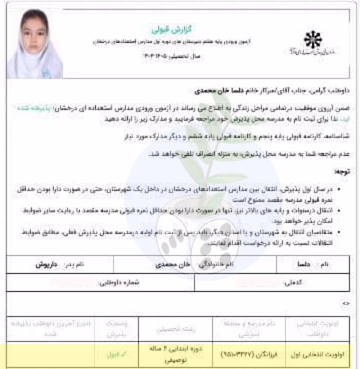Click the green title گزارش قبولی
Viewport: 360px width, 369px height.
[x=161, y=29]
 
